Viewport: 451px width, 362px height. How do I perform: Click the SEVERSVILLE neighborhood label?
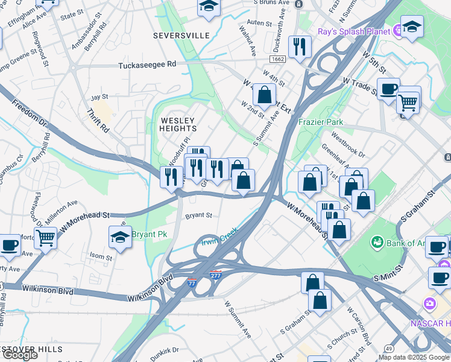click(181, 36)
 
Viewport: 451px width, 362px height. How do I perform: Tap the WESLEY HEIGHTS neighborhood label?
click(178, 124)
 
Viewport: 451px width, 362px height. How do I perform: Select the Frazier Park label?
click(321, 122)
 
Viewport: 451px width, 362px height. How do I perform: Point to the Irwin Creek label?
click(219, 238)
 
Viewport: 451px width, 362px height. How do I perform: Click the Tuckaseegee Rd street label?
click(147, 65)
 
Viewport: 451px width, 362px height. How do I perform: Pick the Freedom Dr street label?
click(28, 113)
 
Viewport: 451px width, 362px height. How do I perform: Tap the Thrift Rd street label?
click(97, 121)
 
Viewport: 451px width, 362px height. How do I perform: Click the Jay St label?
click(99, 97)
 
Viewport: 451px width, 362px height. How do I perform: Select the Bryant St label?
click(198, 215)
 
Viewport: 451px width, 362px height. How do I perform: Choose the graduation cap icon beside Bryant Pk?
click(121, 237)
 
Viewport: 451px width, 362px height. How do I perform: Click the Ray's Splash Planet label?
click(355, 30)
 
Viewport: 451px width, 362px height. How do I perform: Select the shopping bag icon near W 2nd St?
click(264, 95)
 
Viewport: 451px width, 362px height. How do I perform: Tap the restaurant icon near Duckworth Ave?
click(300, 46)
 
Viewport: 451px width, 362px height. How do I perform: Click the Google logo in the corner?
click(20, 355)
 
